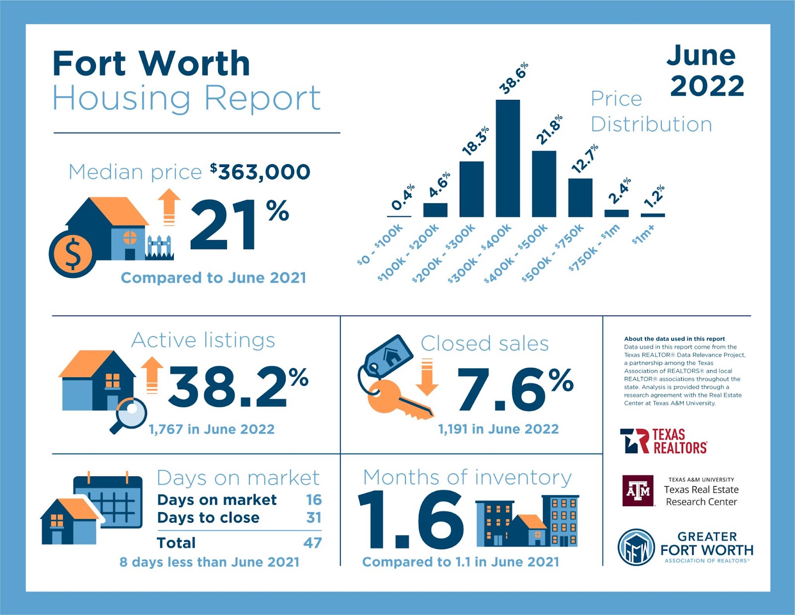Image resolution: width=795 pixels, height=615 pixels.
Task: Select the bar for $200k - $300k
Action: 472,189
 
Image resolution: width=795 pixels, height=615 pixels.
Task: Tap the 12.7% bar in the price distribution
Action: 580,197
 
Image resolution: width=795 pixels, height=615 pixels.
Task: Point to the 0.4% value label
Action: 402,198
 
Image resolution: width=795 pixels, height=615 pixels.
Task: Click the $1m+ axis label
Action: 644,234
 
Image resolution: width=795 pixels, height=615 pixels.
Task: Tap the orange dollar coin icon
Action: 72,253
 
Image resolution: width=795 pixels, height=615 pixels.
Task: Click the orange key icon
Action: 395,398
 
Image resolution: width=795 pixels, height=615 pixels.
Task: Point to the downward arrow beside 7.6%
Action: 427,378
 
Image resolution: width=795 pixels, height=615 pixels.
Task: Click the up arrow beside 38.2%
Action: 152,375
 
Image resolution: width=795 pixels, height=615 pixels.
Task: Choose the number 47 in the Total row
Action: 313,542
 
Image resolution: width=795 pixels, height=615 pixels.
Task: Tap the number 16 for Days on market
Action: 314,500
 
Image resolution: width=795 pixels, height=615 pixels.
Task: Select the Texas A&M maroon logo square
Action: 638,490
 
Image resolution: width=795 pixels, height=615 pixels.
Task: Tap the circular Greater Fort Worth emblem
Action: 636,547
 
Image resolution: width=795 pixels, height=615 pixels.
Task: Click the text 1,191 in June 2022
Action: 498,429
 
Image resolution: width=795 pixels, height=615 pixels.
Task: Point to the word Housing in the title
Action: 121,98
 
